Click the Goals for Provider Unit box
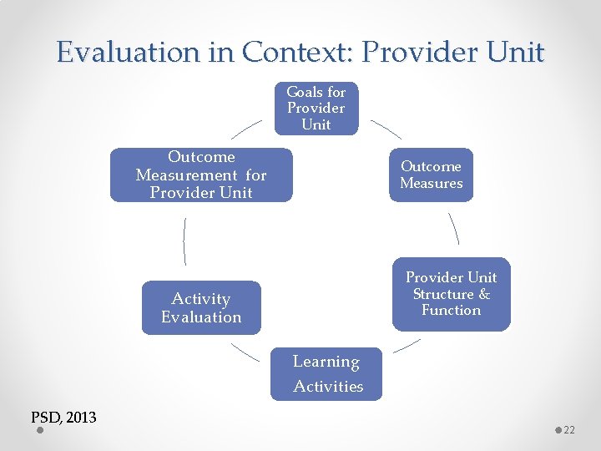tap(316, 109)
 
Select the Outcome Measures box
tap(431, 175)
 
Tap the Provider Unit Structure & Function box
tap(451, 294)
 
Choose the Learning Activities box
tap(326, 374)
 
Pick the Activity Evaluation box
tap(201, 308)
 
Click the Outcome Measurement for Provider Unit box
tap(201, 175)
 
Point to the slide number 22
tap(569, 429)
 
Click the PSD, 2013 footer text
tap(63, 418)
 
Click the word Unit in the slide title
tap(513, 53)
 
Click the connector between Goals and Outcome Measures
tap(386, 128)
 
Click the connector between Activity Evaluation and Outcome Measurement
tap(184, 241)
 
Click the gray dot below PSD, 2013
tap(40, 432)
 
